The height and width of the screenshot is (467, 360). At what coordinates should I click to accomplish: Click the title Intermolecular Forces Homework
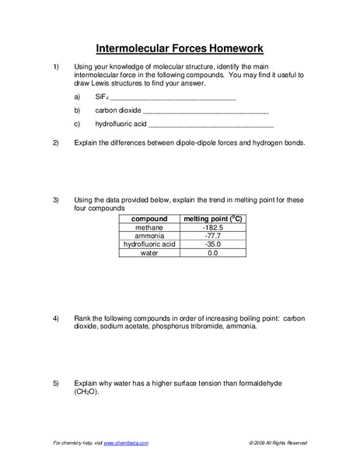180,47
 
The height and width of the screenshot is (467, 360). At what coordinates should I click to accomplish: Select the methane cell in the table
149,228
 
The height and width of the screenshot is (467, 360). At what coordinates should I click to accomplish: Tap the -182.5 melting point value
212,228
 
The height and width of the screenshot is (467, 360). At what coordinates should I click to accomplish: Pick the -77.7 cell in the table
212,236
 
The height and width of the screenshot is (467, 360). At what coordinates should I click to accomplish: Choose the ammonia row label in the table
149,236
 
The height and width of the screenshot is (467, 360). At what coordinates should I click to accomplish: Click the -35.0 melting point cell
212,244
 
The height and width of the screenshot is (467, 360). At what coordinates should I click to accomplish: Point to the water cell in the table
149,253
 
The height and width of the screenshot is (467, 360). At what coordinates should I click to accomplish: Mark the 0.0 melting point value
212,253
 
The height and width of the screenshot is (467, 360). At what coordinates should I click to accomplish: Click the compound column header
149,219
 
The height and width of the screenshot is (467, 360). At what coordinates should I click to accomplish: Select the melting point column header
212,219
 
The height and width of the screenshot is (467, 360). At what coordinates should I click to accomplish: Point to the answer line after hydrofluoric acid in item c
210,124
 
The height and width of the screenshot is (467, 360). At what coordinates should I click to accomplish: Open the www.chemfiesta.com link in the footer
125,443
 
